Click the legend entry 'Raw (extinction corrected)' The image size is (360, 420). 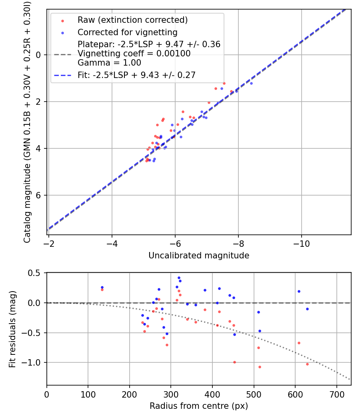point(132,20)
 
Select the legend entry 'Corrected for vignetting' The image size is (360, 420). point(127,32)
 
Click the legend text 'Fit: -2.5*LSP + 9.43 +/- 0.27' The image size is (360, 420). point(136,75)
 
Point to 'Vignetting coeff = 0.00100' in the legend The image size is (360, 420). point(134,54)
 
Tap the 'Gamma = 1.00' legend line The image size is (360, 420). point(109,63)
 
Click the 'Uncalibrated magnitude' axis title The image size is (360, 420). point(199,256)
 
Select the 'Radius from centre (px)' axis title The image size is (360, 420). point(199,406)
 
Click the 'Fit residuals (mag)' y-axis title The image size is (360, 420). point(12,329)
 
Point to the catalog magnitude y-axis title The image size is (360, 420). point(27,122)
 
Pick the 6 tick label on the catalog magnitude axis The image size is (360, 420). point(39,195)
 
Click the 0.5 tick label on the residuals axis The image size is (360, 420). point(36,273)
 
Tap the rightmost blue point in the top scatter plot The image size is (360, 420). point(251,83)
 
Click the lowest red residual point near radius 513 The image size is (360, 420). point(260,367)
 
